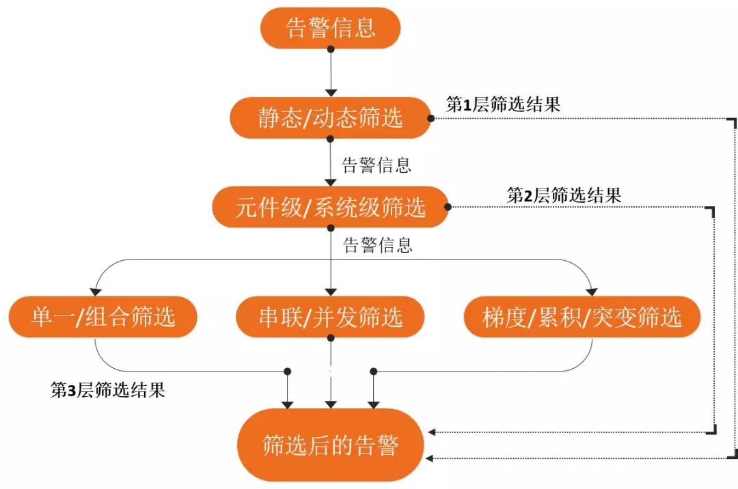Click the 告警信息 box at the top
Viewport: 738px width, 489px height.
coord(331,28)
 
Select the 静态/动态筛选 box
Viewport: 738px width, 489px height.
coord(331,118)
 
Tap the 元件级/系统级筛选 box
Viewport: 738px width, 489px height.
coord(331,207)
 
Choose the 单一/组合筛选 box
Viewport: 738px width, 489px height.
coord(102,317)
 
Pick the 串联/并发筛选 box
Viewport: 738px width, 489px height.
coord(331,317)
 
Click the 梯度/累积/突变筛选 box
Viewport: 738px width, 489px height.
coord(582,317)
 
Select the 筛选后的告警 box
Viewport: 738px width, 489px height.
coord(331,446)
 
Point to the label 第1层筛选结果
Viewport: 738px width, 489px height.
coord(504,104)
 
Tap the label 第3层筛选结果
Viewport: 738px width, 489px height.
coord(108,391)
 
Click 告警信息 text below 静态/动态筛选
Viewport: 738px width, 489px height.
coord(377,165)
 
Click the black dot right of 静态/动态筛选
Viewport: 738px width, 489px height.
coord(431,118)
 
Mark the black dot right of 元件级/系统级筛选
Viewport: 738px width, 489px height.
coord(448,206)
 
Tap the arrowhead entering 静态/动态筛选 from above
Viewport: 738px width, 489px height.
coord(331,92)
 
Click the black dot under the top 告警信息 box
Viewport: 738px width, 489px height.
coord(331,49)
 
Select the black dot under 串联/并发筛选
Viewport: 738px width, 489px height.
coord(331,336)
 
